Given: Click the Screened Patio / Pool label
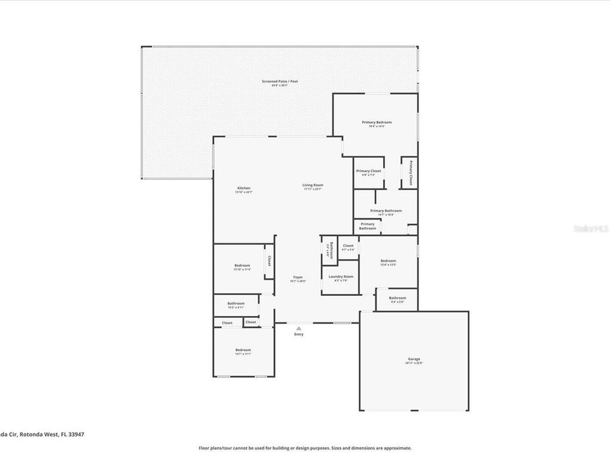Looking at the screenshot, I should (x=280, y=81).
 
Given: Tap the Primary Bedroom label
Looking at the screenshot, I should (x=377, y=122).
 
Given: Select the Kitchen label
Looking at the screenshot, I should (x=244, y=188).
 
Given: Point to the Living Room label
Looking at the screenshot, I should (x=313, y=185).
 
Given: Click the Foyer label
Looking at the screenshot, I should (x=297, y=277).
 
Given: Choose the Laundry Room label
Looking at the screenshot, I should (x=341, y=277).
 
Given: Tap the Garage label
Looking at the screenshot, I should (x=414, y=359).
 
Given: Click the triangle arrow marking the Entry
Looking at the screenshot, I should (x=299, y=328).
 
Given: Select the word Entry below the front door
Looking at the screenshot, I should (x=299, y=334).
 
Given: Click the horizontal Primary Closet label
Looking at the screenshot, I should (x=369, y=171).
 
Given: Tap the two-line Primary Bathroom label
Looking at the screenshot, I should (x=367, y=226).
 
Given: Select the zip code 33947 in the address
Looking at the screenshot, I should (x=76, y=435).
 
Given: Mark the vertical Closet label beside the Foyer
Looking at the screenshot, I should (x=269, y=261).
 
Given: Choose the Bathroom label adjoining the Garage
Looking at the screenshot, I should (x=398, y=298).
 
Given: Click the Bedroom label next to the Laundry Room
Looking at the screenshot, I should (x=388, y=261).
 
